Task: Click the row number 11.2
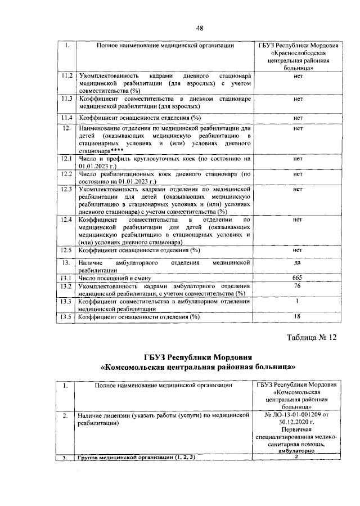tap(67, 75)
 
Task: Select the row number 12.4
tap(67, 220)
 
